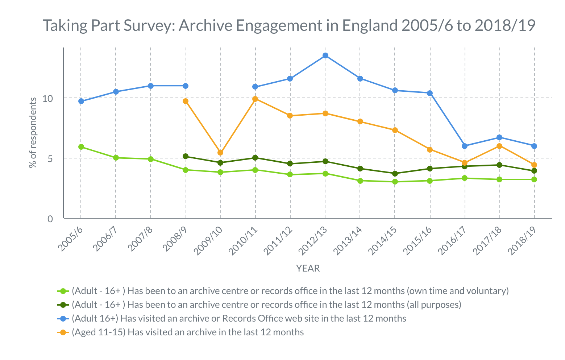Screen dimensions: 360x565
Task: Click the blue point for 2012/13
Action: coord(325,55)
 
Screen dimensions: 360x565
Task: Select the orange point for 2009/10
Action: coord(220,153)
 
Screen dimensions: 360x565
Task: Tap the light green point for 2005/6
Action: coord(81,147)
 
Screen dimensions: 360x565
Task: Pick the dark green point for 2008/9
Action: coord(186,156)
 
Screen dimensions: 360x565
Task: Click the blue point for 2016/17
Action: coord(465,146)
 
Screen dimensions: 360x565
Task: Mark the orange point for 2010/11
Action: coord(255,99)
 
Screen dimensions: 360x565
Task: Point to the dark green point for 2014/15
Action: coord(395,174)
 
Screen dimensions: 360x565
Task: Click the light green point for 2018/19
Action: coord(534,179)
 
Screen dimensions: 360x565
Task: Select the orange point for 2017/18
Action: coord(499,146)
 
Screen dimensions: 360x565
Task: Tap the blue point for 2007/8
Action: coord(151,86)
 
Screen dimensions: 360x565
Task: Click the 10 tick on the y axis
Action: coord(47,98)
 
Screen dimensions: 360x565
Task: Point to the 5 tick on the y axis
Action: coord(50,158)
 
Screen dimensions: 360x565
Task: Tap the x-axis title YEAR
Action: coord(308,268)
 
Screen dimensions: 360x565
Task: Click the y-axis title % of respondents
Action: coord(33,133)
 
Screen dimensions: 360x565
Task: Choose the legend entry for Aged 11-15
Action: coord(188,332)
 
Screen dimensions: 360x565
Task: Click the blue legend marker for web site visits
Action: coord(63,319)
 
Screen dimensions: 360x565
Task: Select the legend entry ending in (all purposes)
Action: coord(266,305)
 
